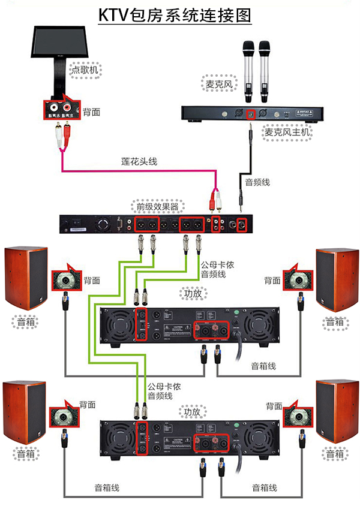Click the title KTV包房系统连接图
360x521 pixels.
pos(175,15)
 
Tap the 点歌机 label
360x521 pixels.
pos(85,70)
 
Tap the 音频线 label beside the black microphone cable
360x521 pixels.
pos(257,179)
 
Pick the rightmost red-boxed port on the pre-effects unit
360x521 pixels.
pos(242,225)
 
